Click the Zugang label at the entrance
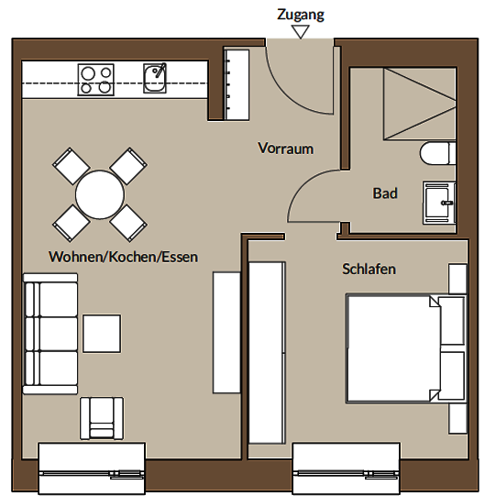point(301,15)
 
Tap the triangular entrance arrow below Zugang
point(301,32)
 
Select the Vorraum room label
point(286,148)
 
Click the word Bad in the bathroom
point(385,193)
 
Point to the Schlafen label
point(369,269)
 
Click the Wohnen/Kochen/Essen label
point(124,257)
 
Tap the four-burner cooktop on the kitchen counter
point(96,80)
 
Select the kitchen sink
point(155,78)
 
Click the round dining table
point(100,194)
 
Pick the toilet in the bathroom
point(438,153)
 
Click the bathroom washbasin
point(439,204)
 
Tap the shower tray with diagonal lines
point(420,104)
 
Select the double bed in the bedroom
point(406,348)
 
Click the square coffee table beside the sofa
point(102,334)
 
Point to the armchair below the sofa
point(102,418)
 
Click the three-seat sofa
point(50,334)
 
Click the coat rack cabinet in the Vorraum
point(237,83)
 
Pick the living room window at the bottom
point(92,468)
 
